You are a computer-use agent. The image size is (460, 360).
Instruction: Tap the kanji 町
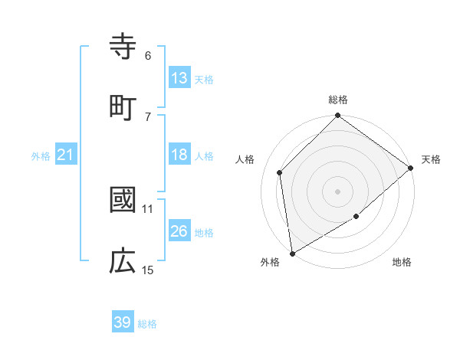coord(123,107)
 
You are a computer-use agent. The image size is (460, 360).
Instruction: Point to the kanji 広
coord(123,262)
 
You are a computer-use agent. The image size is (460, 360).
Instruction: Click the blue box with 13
coord(179,78)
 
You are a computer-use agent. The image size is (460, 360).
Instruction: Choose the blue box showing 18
coord(179,155)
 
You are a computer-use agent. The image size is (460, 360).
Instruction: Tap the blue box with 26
coord(179,231)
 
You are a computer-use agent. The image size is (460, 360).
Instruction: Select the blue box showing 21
coord(65,155)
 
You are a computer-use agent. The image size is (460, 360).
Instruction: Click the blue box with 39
coord(123,322)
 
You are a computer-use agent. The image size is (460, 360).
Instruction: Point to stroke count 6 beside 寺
coord(148,55)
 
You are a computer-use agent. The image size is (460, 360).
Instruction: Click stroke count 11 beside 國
coord(148,208)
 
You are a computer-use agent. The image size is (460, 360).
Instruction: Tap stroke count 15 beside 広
coord(148,270)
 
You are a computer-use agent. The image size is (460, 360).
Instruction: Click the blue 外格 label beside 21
coord(41,155)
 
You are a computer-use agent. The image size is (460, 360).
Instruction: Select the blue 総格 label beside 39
coord(147,324)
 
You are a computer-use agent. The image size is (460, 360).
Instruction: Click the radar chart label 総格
coord(338,100)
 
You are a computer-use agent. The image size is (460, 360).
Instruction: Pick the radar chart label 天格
coord(431,159)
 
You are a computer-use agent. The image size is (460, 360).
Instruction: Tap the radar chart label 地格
coord(402,263)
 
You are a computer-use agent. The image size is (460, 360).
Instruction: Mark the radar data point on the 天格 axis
coord(411,168)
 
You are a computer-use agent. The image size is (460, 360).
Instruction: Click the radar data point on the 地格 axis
coord(356,217)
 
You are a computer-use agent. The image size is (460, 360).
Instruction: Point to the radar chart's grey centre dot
coord(338,191)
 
